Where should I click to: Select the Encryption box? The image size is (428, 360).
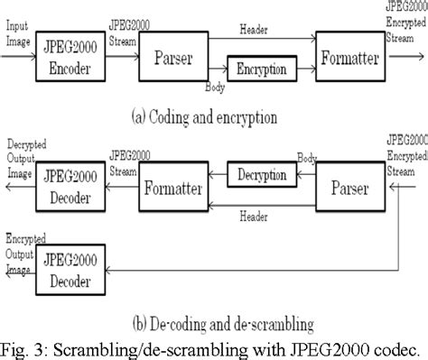[x=259, y=69]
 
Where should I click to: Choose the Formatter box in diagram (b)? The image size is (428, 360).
[x=174, y=189]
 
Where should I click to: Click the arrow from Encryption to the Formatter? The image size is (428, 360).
[x=303, y=69]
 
